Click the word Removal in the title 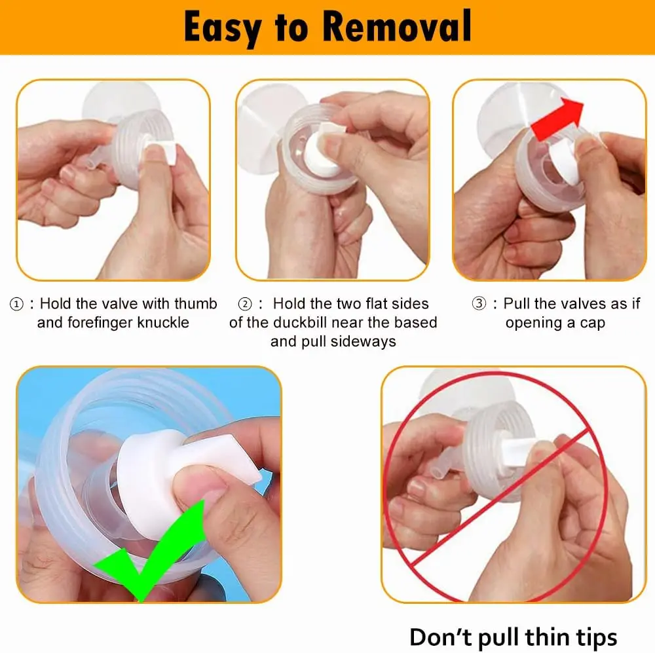[x=397, y=27]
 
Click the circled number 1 [x=16, y=304]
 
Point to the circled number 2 [x=245, y=304]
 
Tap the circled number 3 [x=479, y=303]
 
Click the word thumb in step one [x=195, y=303]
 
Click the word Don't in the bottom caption [x=440, y=637]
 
